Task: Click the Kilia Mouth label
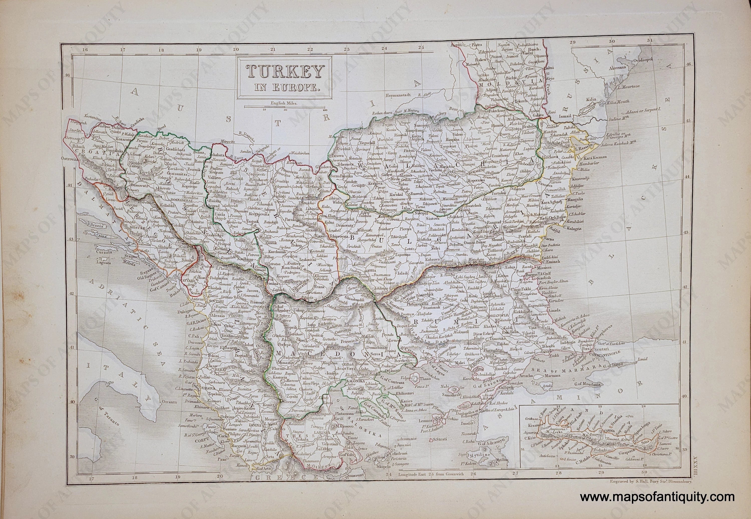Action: coord(618,102)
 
